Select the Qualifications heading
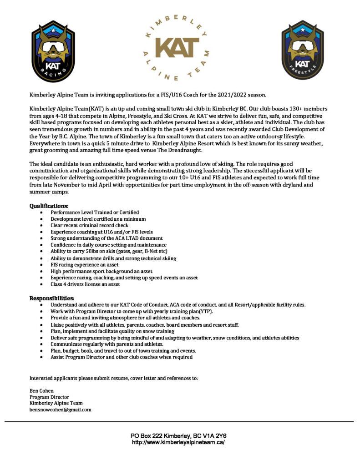(x=49, y=206)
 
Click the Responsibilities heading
(x=52, y=298)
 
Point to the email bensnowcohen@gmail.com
(x=60, y=410)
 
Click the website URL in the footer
(x=178, y=442)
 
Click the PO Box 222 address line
(x=178, y=436)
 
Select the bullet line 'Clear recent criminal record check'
(x=89, y=225)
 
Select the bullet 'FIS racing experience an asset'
(x=85, y=264)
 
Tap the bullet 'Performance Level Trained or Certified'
(x=95, y=212)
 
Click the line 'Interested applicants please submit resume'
(x=114, y=378)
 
